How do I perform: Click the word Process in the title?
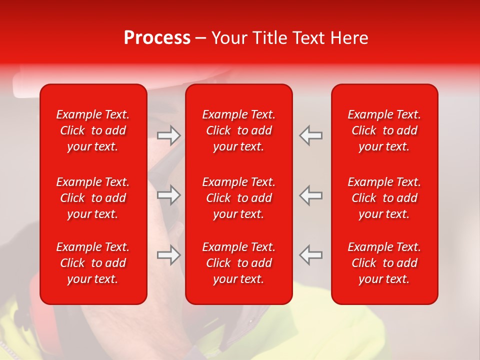157,38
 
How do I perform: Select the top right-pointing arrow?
169,135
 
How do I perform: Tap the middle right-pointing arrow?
169,195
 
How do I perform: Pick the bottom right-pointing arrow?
169,255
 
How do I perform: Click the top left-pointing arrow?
310,135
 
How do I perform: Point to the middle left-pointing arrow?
310,195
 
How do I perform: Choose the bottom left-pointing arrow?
310,255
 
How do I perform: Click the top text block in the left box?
93,130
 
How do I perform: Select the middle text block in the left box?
93,198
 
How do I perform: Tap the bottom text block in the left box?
93,263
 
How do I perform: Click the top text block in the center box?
239,130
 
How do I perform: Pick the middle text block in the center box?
239,198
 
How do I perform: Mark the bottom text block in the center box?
239,263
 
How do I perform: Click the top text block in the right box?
384,130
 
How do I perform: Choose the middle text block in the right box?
384,198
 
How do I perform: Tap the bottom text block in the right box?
384,263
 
